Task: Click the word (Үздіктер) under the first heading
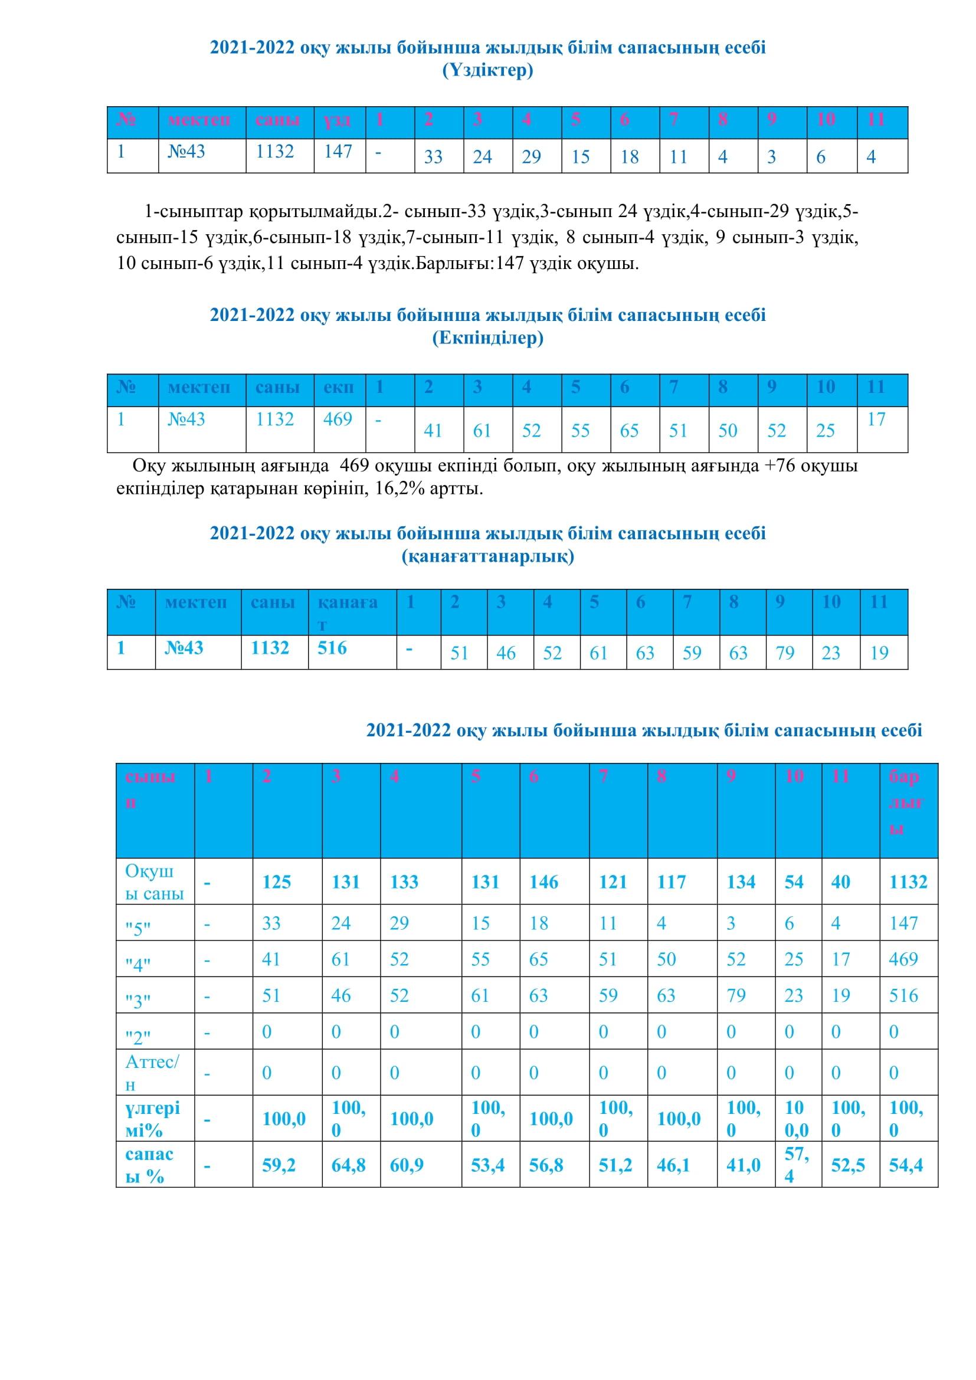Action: (x=487, y=71)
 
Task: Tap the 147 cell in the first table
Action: (x=338, y=152)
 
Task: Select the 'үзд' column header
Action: (x=338, y=120)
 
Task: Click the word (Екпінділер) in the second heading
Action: (x=487, y=339)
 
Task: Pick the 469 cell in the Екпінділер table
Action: (x=338, y=419)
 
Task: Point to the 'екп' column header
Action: (x=338, y=387)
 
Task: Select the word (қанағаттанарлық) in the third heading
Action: (x=487, y=556)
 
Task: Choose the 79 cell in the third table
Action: (x=785, y=653)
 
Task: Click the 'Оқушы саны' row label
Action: (x=154, y=881)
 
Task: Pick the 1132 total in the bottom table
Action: (x=908, y=881)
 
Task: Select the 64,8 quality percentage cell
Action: (x=348, y=1165)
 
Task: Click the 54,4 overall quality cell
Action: (x=906, y=1165)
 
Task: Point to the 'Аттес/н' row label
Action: (x=152, y=1073)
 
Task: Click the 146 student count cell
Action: (x=544, y=881)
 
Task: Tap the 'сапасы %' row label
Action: (x=150, y=1165)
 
